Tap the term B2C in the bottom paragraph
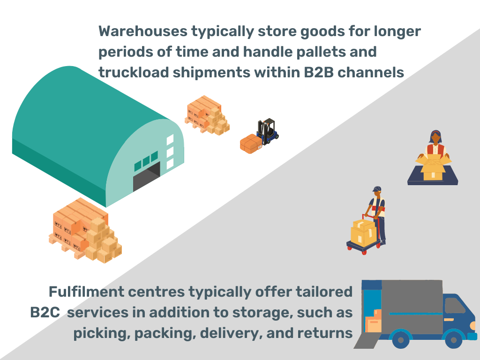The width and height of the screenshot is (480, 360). [x=45, y=313]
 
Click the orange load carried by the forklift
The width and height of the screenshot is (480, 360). [x=250, y=143]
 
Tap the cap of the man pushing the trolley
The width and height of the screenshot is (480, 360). [x=377, y=188]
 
